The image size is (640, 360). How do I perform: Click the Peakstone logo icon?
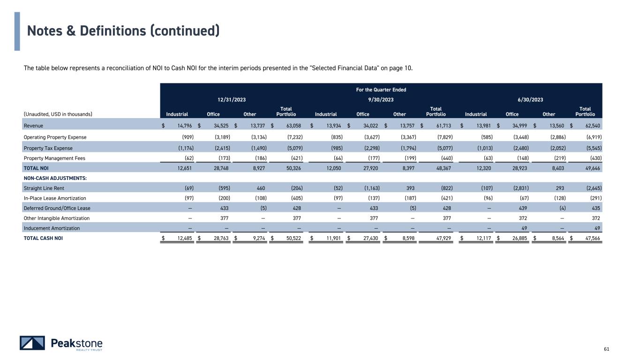pos(32,343)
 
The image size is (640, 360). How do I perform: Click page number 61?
pos(606,349)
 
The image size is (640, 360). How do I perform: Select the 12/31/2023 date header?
pos(232,99)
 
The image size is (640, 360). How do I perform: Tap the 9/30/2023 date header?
pos(381,99)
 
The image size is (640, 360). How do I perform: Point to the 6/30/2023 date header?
pos(530,99)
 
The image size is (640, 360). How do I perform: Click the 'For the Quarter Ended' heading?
pos(381,90)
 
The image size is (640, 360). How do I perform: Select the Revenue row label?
pos(33,126)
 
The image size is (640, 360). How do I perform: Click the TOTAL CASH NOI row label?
pos(43,238)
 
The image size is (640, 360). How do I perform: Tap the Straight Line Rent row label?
pos(44,188)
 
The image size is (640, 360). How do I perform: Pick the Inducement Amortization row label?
pos(52,228)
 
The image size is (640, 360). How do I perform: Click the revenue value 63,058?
pos(294,126)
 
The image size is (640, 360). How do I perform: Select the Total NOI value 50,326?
pos(294,168)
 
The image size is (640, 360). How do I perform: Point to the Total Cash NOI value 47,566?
pos(593,238)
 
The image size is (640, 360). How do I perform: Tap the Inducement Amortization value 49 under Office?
pos(524,228)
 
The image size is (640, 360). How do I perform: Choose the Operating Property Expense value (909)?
pos(188,137)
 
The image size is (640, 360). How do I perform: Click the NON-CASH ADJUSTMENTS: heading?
pos(55,178)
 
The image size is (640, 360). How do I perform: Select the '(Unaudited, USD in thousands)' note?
pos(58,114)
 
